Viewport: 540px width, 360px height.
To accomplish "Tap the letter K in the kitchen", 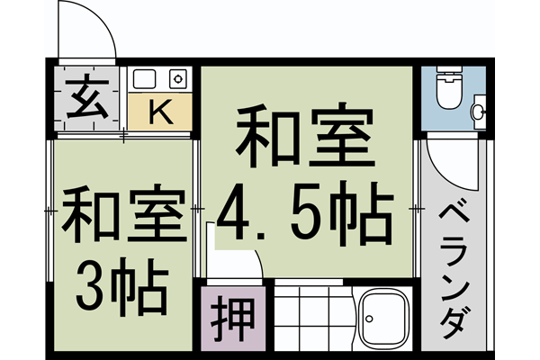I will tap(159, 112).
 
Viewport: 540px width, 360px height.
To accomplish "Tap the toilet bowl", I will tap(447, 94).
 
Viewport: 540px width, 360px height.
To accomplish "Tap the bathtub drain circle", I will tap(369, 317).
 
